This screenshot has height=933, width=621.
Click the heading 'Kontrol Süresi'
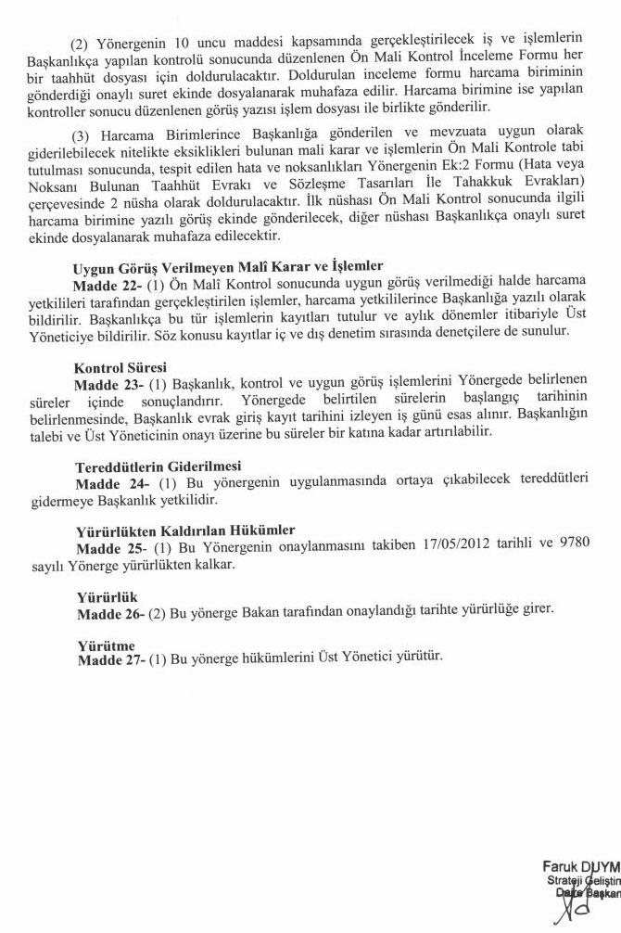point(120,367)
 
